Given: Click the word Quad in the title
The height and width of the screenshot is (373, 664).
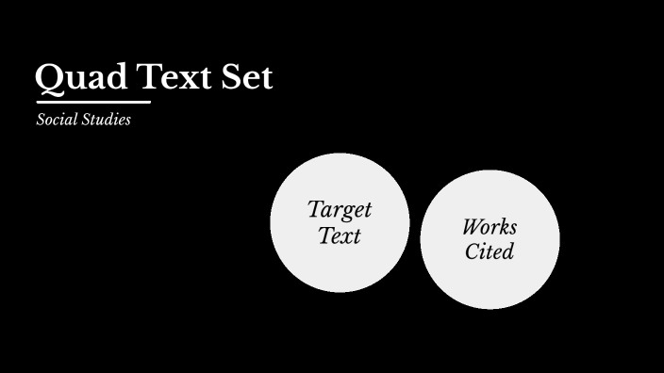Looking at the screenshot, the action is tap(79, 77).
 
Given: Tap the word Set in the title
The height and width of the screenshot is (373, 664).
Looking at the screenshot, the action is tap(248, 77).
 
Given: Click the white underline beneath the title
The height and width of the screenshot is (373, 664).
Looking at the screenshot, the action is tap(92, 101).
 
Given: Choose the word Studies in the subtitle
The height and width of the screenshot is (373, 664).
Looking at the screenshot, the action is tap(106, 121).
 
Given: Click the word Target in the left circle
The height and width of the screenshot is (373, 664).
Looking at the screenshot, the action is tap(340, 209).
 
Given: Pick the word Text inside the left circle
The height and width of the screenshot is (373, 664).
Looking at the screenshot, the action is tap(340, 235).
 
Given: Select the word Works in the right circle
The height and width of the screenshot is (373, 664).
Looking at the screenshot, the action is tap(490, 227).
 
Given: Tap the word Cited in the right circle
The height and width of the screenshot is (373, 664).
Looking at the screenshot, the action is tap(490, 252).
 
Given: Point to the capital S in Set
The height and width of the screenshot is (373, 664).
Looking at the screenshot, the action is tap(233, 77).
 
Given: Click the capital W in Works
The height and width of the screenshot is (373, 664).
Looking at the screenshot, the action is tap(472, 227).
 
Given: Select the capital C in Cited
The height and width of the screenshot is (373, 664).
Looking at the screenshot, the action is tap(472, 252).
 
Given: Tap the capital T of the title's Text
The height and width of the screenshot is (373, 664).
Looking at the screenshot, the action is tap(151, 77).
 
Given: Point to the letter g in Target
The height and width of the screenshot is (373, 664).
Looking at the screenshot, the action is tap(347, 212).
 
